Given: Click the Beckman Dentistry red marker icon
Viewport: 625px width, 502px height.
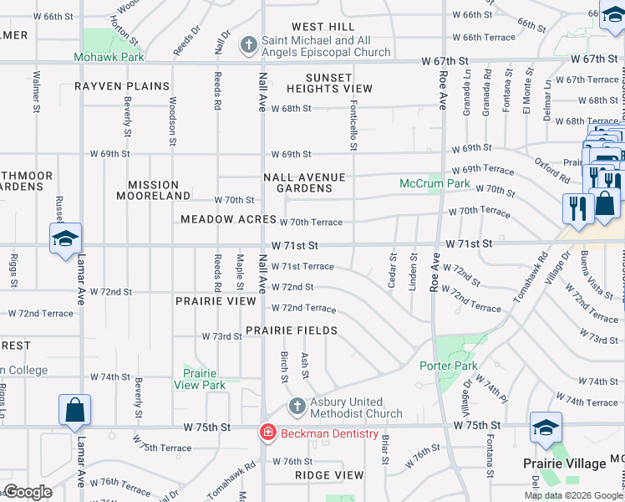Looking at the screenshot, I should click(x=267, y=433).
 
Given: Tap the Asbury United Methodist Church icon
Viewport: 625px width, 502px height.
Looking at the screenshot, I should click(x=296, y=407).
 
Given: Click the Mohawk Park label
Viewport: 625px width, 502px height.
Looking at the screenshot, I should click(x=109, y=57).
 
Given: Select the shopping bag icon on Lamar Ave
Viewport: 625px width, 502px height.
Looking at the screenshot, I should click(x=74, y=410).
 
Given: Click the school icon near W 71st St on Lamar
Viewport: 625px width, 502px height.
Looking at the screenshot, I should click(x=65, y=238).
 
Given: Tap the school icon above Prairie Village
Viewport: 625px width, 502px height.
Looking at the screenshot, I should click(x=546, y=429).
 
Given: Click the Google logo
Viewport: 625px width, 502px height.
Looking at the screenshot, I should click(x=28, y=492).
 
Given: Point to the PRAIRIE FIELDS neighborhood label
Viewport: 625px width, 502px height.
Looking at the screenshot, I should click(x=292, y=330).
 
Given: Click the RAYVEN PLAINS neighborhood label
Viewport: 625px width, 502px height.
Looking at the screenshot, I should click(x=122, y=86).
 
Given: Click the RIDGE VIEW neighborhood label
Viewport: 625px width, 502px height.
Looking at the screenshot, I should click(x=329, y=474).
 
